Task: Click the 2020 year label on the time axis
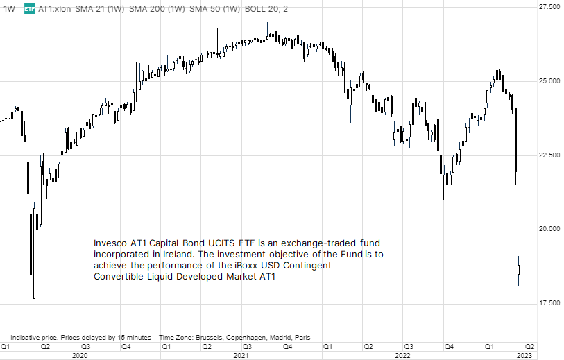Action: [80, 355]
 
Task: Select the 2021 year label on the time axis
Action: [241, 355]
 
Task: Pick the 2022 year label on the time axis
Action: [402, 355]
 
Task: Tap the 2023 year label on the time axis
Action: [525, 355]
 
